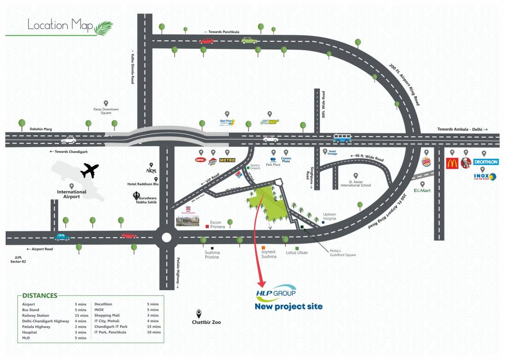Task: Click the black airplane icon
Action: coord(90,170)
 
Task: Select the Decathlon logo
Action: coord(486,162)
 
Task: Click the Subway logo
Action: coord(270,122)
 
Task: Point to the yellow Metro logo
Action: coord(227,160)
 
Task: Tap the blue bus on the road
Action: coord(342,138)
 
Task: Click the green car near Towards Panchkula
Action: coord(249,40)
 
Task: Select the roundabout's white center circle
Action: coord(166,237)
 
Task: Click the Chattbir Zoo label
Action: coord(206,322)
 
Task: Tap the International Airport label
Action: coord(72,194)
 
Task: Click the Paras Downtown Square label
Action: coord(106,111)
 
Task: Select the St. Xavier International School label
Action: coord(360,183)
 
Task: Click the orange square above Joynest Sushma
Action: coord(264,247)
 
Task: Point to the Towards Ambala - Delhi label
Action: coord(462,129)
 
